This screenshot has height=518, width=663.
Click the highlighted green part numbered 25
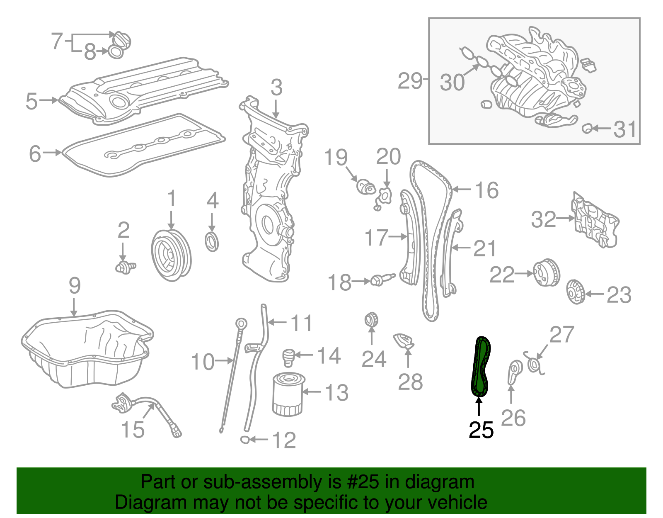click(x=481, y=367)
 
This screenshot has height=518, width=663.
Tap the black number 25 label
click(x=481, y=430)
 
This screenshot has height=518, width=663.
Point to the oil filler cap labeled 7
click(x=122, y=41)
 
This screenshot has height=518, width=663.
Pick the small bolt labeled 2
click(x=125, y=267)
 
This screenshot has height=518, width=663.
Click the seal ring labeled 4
click(x=212, y=242)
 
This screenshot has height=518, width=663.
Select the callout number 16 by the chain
click(x=486, y=190)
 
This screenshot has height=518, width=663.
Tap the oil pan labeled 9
click(x=87, y=350)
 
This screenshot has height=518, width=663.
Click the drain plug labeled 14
click(x=288, y=357)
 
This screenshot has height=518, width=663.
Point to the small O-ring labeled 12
click(x=245, y=440)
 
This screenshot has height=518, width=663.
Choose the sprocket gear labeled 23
click(x=575, y=292)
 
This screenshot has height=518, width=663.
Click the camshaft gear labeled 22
click(x=546, y=273)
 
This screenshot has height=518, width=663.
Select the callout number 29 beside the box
click(x=410, y=81)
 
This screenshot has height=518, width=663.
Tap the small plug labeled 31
click(x=587, y=129)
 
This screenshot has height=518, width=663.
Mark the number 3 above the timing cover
click(x=276, y=88)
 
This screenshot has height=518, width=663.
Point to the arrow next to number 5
click(x=49, y=100)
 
